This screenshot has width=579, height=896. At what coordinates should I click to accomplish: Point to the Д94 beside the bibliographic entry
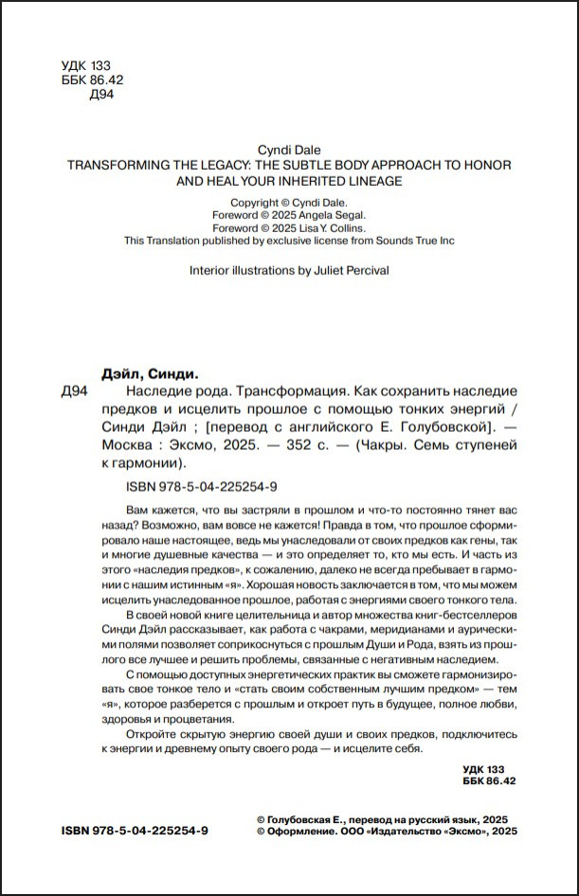74,391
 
